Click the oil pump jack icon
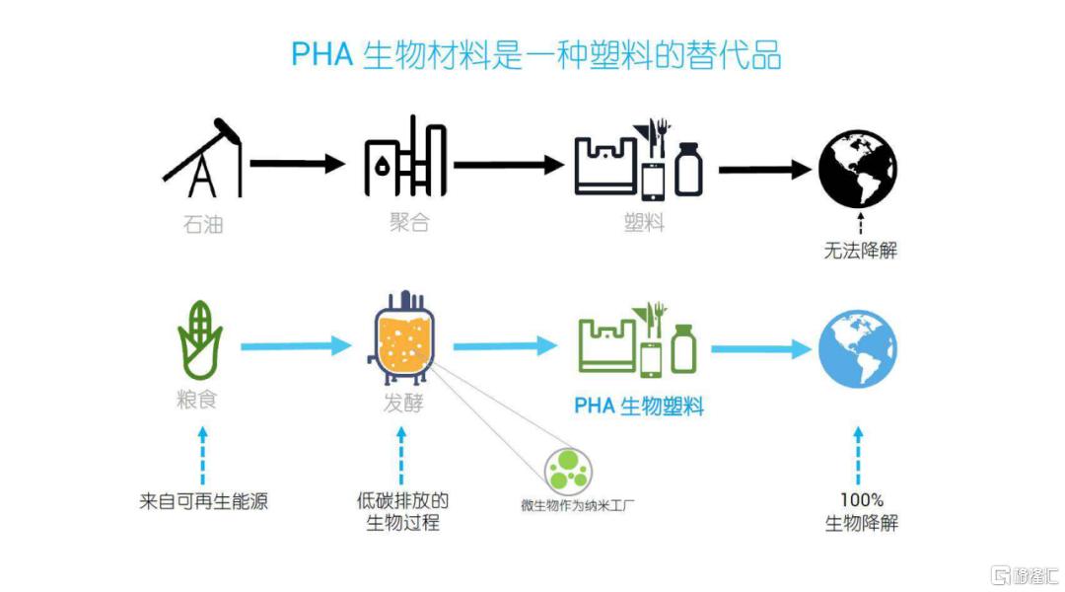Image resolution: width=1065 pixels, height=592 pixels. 203,159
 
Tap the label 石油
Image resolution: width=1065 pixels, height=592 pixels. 203,224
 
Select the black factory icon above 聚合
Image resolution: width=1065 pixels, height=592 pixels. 405,156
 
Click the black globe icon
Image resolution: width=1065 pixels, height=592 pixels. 858,169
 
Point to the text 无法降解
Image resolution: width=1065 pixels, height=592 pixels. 861,251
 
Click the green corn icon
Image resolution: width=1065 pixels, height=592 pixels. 199,339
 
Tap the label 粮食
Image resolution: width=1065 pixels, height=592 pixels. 197,400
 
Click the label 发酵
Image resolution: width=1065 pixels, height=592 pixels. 403,403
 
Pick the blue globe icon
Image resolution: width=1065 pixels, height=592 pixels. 858,349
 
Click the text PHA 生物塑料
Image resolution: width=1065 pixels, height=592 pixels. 639,407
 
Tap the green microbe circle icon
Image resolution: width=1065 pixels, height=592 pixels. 569,470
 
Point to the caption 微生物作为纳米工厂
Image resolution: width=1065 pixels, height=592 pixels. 578,505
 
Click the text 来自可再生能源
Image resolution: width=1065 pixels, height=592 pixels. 204,501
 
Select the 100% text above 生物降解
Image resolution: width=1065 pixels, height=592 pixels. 861,500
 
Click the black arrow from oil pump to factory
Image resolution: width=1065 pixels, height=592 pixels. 298,164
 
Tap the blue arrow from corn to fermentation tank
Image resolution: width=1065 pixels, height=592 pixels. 296,346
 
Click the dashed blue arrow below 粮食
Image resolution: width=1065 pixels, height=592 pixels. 202,456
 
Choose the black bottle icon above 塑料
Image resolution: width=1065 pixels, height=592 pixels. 688,170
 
